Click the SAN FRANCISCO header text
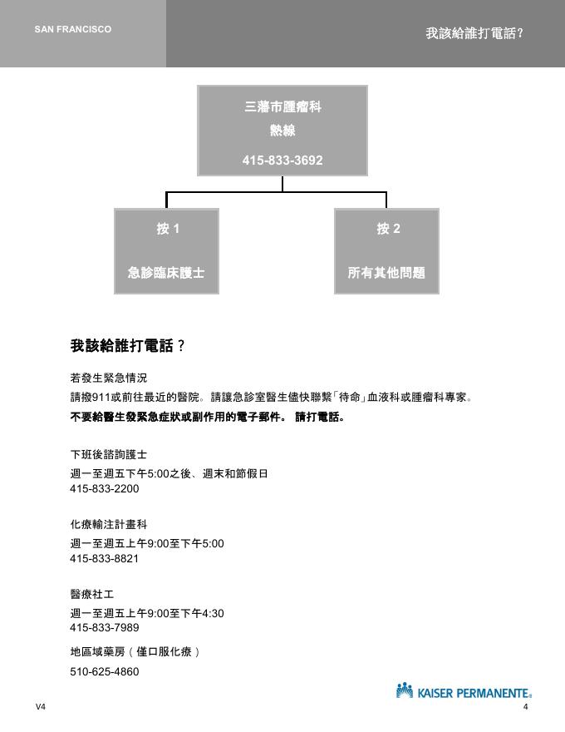coord(73,29)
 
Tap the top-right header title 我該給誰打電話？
coord(474,33)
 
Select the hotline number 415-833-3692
coord(282,160)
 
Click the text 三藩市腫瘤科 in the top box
coord(282,107)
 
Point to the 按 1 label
coord(168,229)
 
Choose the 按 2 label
coord(388,229)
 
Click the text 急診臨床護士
coord(166,272)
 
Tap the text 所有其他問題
coord(386,272)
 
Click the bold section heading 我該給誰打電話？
coord(127,345)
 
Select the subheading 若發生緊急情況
coord(109,378)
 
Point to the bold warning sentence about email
coord(207,417)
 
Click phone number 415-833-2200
coord(104,489)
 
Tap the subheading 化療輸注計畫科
coord(109,525)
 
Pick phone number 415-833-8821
coord(104,559)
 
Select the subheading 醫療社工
coord(92,595)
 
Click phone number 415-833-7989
coord(104,628)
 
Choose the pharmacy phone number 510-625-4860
coord(104,672)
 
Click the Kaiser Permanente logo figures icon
coord(405,690)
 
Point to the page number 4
coord(526,707)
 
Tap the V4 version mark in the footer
coord(41,707)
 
